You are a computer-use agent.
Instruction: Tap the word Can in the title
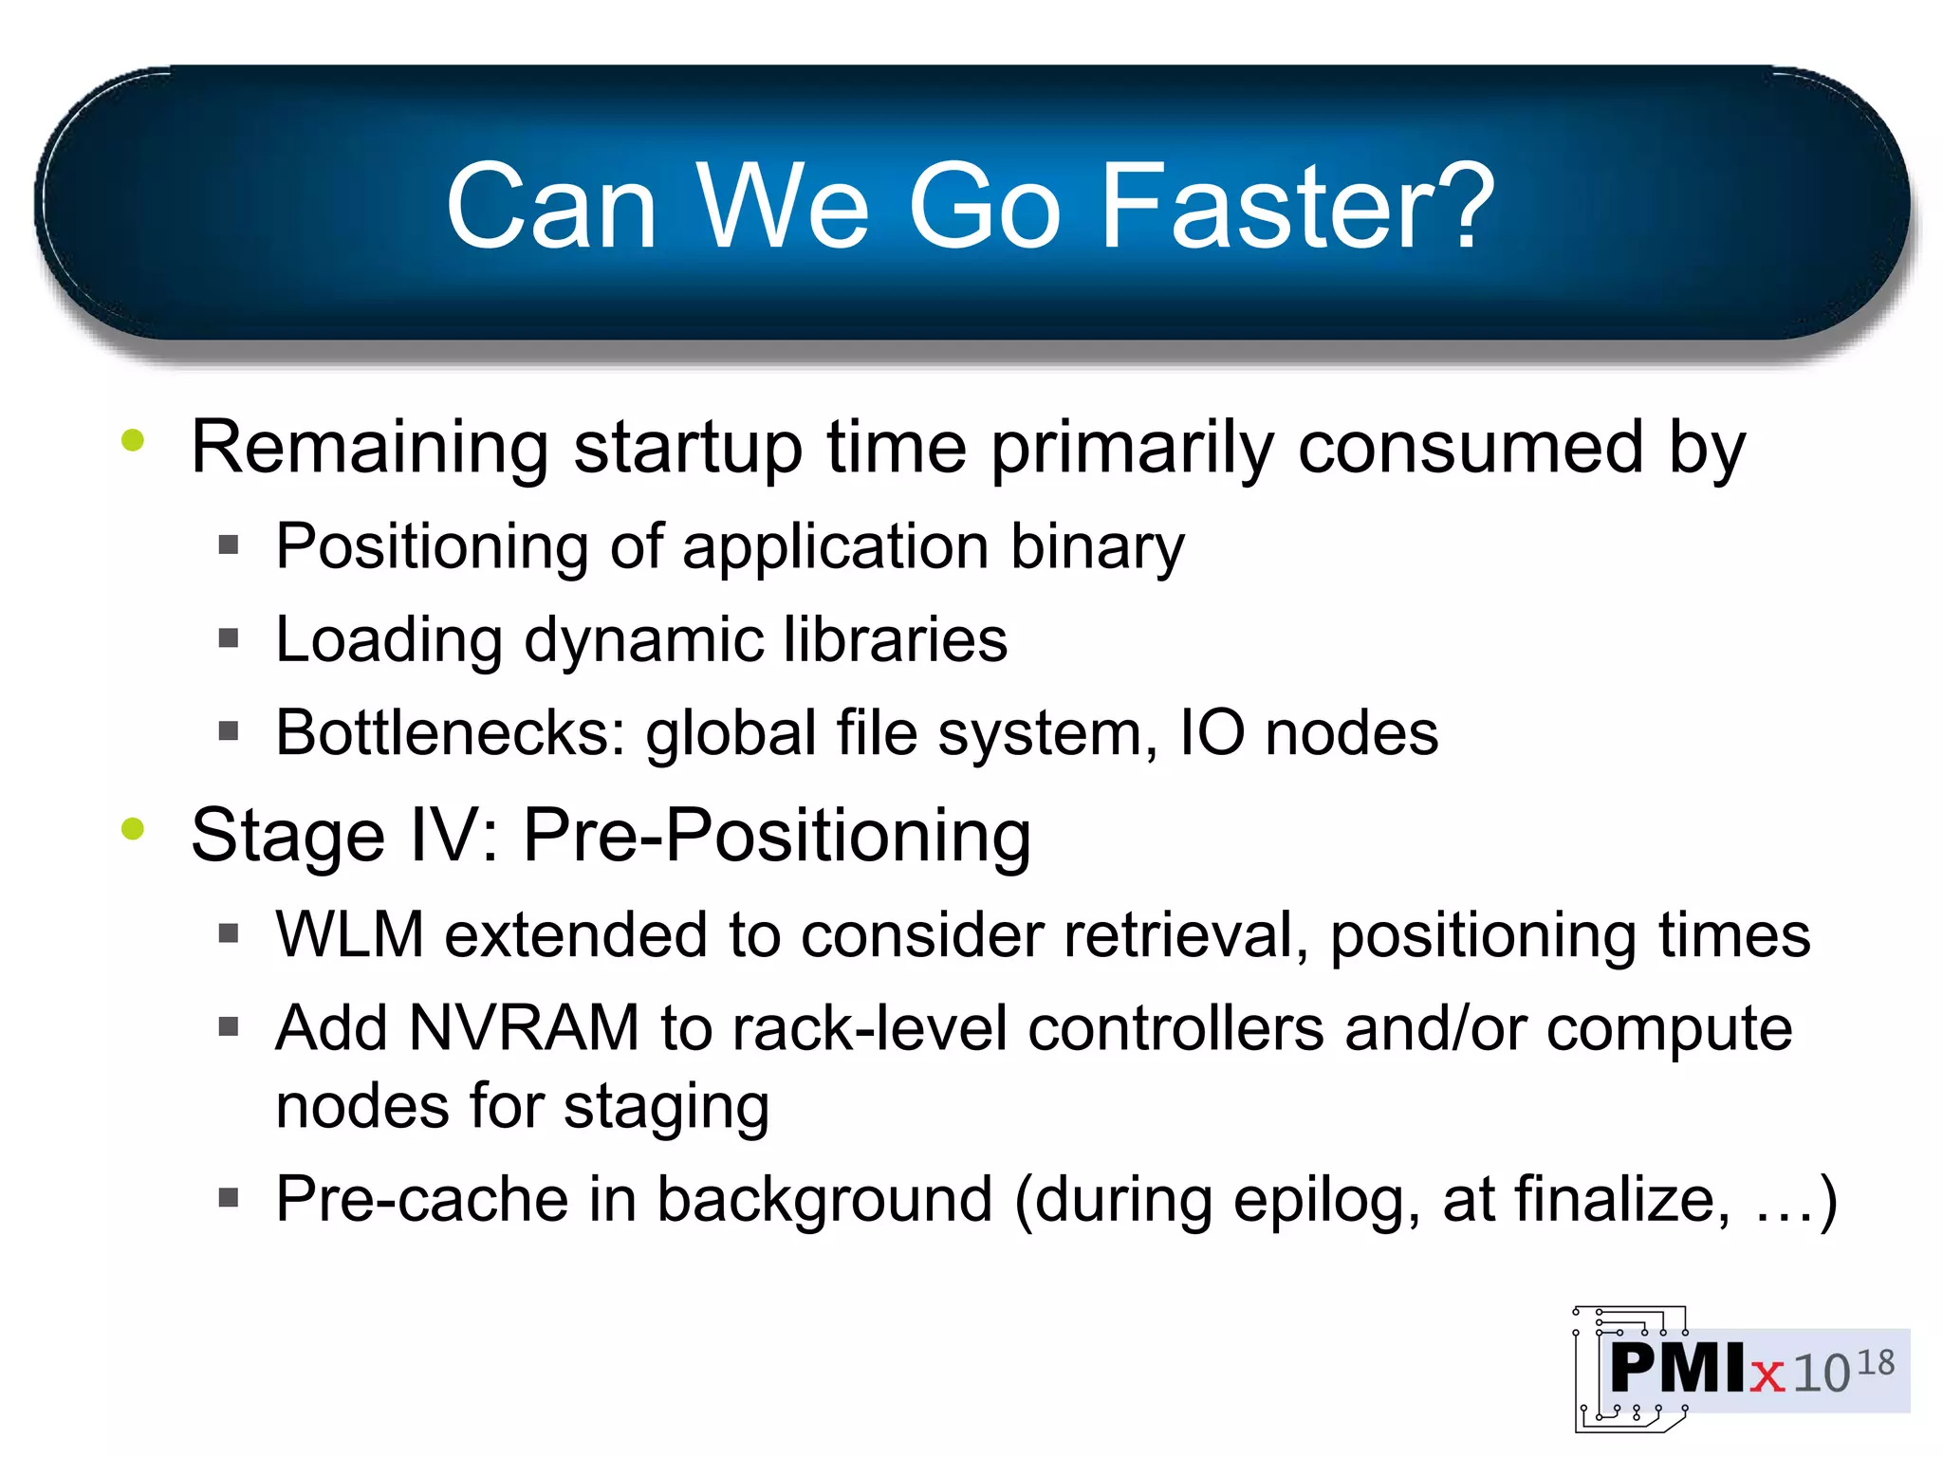(551, 207)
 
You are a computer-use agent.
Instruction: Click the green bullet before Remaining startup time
(133, 440)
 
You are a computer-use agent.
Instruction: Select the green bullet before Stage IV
(133, 829)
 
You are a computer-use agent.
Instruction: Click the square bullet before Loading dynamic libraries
(229, 638)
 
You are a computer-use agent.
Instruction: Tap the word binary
(1098, 548)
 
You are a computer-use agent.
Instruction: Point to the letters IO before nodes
(1211, 733)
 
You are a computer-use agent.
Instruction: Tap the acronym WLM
(349, 935)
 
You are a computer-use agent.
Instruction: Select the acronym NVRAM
(524, 1028)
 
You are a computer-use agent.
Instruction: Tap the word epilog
(1326, 1201)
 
